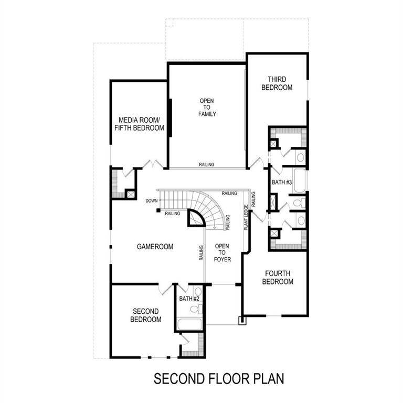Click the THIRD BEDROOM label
point(277,83)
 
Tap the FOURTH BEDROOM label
point(278,277)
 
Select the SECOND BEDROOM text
point(145,315)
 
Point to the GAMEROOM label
point(155,246)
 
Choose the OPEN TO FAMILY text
point(207,107)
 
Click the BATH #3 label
point(281,182)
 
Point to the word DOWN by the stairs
point(152,200)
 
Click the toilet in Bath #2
point(198,293)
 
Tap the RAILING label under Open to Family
point(206,165)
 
